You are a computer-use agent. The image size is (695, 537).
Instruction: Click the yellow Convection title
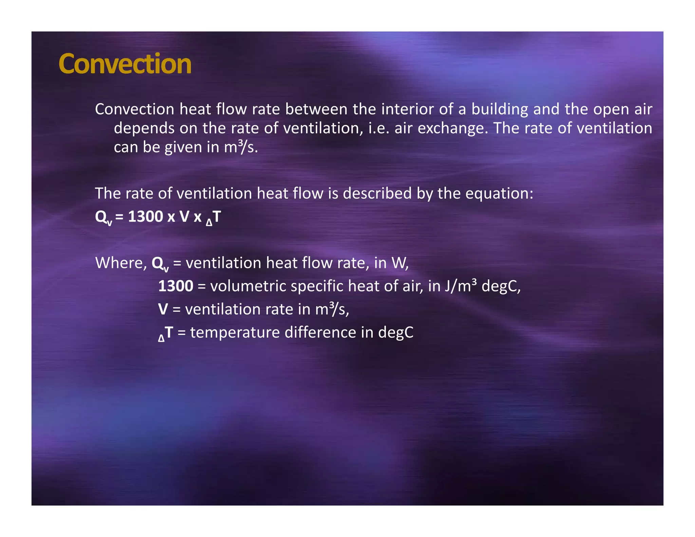pos(125,64)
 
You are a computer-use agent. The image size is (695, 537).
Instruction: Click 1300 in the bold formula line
pos(145,217)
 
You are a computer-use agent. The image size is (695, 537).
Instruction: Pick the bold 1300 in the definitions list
pos(175,286)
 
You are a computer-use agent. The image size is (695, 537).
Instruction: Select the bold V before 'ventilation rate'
pos(163,309)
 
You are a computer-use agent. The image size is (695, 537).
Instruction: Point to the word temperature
pos(235,333)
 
